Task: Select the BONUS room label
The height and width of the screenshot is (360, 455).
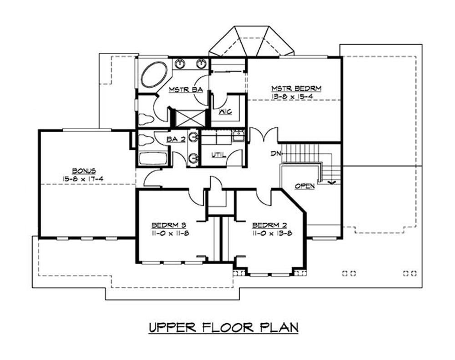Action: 83,171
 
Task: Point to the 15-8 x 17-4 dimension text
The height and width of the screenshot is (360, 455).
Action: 83,179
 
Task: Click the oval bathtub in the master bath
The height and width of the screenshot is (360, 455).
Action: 154,75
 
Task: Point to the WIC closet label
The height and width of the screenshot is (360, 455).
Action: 225,111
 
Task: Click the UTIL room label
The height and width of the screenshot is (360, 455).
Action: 218,155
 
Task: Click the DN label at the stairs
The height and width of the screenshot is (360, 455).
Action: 275,154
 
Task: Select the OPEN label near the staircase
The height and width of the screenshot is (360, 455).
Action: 304,186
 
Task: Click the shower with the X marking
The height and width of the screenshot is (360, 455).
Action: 188,118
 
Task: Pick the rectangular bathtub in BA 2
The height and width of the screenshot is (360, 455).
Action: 153,159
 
